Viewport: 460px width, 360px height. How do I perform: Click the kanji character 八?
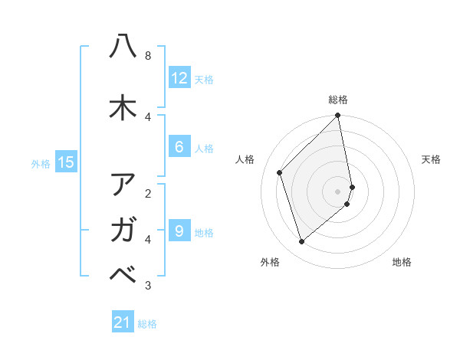123,47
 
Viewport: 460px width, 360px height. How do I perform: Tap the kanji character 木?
123,108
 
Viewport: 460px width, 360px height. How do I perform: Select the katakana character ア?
123,185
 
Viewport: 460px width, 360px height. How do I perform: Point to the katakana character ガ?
123,229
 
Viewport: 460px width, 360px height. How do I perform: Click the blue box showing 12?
179,78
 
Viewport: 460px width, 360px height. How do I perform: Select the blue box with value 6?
179,147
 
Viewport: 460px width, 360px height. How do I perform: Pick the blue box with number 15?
66,162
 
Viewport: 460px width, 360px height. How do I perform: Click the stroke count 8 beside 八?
148,56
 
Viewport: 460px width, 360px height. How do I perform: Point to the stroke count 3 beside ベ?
148,286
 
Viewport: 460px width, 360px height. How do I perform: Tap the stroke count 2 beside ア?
148,193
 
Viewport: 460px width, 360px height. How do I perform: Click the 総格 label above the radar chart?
338,100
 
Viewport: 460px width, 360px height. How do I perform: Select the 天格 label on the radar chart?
431,159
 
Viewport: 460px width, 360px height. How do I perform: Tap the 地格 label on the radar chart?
402,263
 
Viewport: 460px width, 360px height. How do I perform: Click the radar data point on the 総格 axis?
338,116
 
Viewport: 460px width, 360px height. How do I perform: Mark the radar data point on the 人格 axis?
280,172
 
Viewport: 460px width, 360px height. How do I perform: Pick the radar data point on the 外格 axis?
302,242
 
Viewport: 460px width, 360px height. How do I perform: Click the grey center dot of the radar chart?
338,191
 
